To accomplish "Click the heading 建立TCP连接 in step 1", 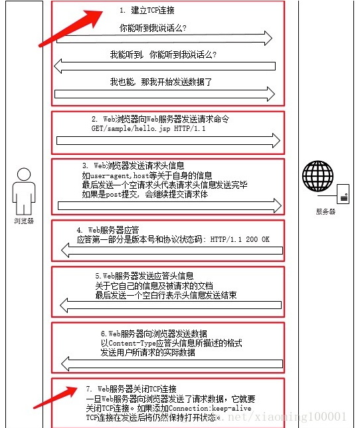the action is (153, 11).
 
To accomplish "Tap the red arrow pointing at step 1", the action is (71, 28).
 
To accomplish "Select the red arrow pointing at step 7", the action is (56, 397).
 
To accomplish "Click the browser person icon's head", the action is (24, 174).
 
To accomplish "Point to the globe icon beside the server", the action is (317, 176).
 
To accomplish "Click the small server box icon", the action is (343, 194).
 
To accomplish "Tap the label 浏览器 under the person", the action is (24, 221).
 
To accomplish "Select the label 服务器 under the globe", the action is (325, 211).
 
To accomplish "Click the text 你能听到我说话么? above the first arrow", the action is (153, 28).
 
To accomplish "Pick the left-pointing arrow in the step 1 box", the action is (165, 66).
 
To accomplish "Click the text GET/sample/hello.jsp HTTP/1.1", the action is (148, 128).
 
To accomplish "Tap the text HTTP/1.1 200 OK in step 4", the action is (240, 239).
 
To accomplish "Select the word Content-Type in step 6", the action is (132, 343).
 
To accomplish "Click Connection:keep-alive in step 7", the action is (210, 408).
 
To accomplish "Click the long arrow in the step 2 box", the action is (168, 141).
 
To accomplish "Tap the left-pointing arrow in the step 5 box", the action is (171, 305).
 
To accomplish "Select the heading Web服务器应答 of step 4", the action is (114, 230).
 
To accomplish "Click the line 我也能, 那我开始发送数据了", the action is (161, 82).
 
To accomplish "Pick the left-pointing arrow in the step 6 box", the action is (172, 364).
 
